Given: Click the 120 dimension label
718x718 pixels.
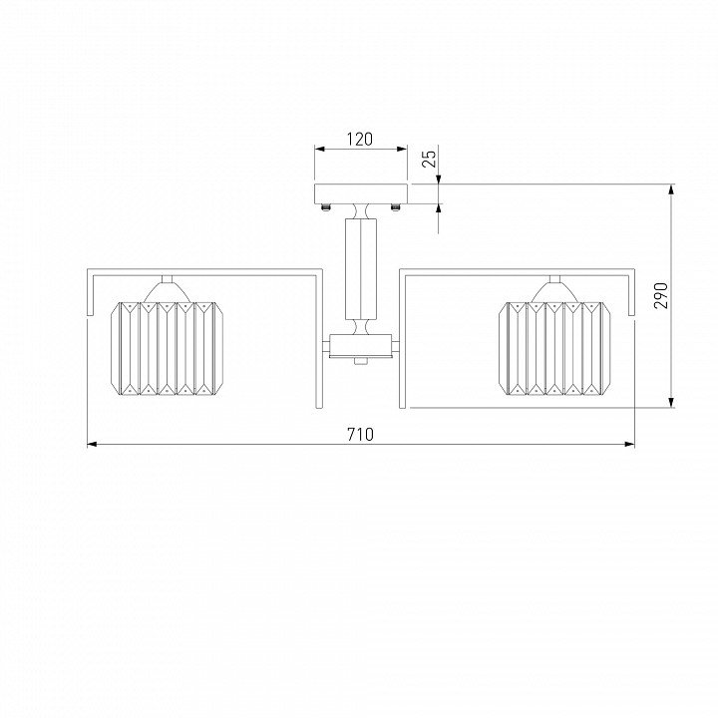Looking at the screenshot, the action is click(359, 139).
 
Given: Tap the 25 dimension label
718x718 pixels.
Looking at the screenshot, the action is click(431, 159).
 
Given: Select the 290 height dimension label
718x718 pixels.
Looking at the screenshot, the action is click(661, 295).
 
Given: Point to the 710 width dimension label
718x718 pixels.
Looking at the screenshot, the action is click(360, 434).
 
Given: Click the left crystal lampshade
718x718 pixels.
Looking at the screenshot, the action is click(168, 348).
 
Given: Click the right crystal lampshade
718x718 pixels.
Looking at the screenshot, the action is click(554, 348).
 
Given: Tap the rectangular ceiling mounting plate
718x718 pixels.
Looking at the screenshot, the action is click(361, 193).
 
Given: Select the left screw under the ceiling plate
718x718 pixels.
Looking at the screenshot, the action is click(326, 207).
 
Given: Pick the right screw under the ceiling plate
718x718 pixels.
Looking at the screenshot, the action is click(395, 207).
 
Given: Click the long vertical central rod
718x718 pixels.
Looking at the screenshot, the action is click(361, 269).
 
